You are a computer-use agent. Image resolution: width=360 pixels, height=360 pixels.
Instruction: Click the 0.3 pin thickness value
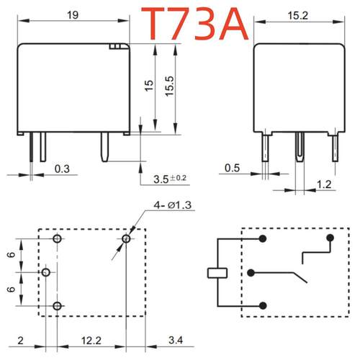pyautogui.click(x=63, y=169)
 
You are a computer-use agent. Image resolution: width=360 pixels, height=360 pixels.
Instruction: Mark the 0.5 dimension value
pyautogui.click(x=232, y=168)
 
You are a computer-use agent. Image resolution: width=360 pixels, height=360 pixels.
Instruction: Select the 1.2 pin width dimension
pyautogui.click(x=324, y=186)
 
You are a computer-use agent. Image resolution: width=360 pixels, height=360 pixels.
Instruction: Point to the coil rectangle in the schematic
pyautogui.click(x=217, y=272)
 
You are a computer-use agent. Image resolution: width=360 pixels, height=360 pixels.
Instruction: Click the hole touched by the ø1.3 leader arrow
pyautogui.click(x=127, y=238)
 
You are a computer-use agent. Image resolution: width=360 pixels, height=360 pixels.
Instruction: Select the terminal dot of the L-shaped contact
pyautogui.click(x=330, y=238)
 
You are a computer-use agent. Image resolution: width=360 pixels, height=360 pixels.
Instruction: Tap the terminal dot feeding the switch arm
pyautogui.click(x=250, y=272)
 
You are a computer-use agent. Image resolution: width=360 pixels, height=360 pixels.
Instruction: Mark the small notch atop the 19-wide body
pyautogui.click(x=114, y=46)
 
